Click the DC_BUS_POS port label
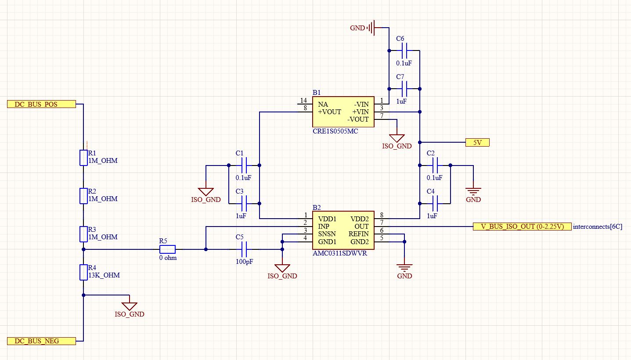pyautogui.click(x=41, y=104)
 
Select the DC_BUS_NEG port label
pyautogui.click(x=41, y=341)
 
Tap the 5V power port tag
pyautogui.click(x=477, y=142)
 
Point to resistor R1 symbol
pyautogui.click(x=83, y=158)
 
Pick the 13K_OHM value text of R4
pyautogui.click(x=104, y=275)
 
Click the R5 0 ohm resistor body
pyautogui.click(x=167, y=249)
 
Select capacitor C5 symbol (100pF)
pyautogui.click(x=244, y=249)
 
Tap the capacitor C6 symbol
pyautogui.click(x=404, y=50)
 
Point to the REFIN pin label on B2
pyautogui.click(x=358, y=234)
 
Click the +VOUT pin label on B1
pyautogui.click(x=329, y=112)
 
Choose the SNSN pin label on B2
pyautogui.click(x=327, y=234)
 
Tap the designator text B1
pyautogui.click(x=317, y=93)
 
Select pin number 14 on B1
pyautogui.click(x=303, y=101)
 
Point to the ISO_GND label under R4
pyautogui.click(x=129, y=314)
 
